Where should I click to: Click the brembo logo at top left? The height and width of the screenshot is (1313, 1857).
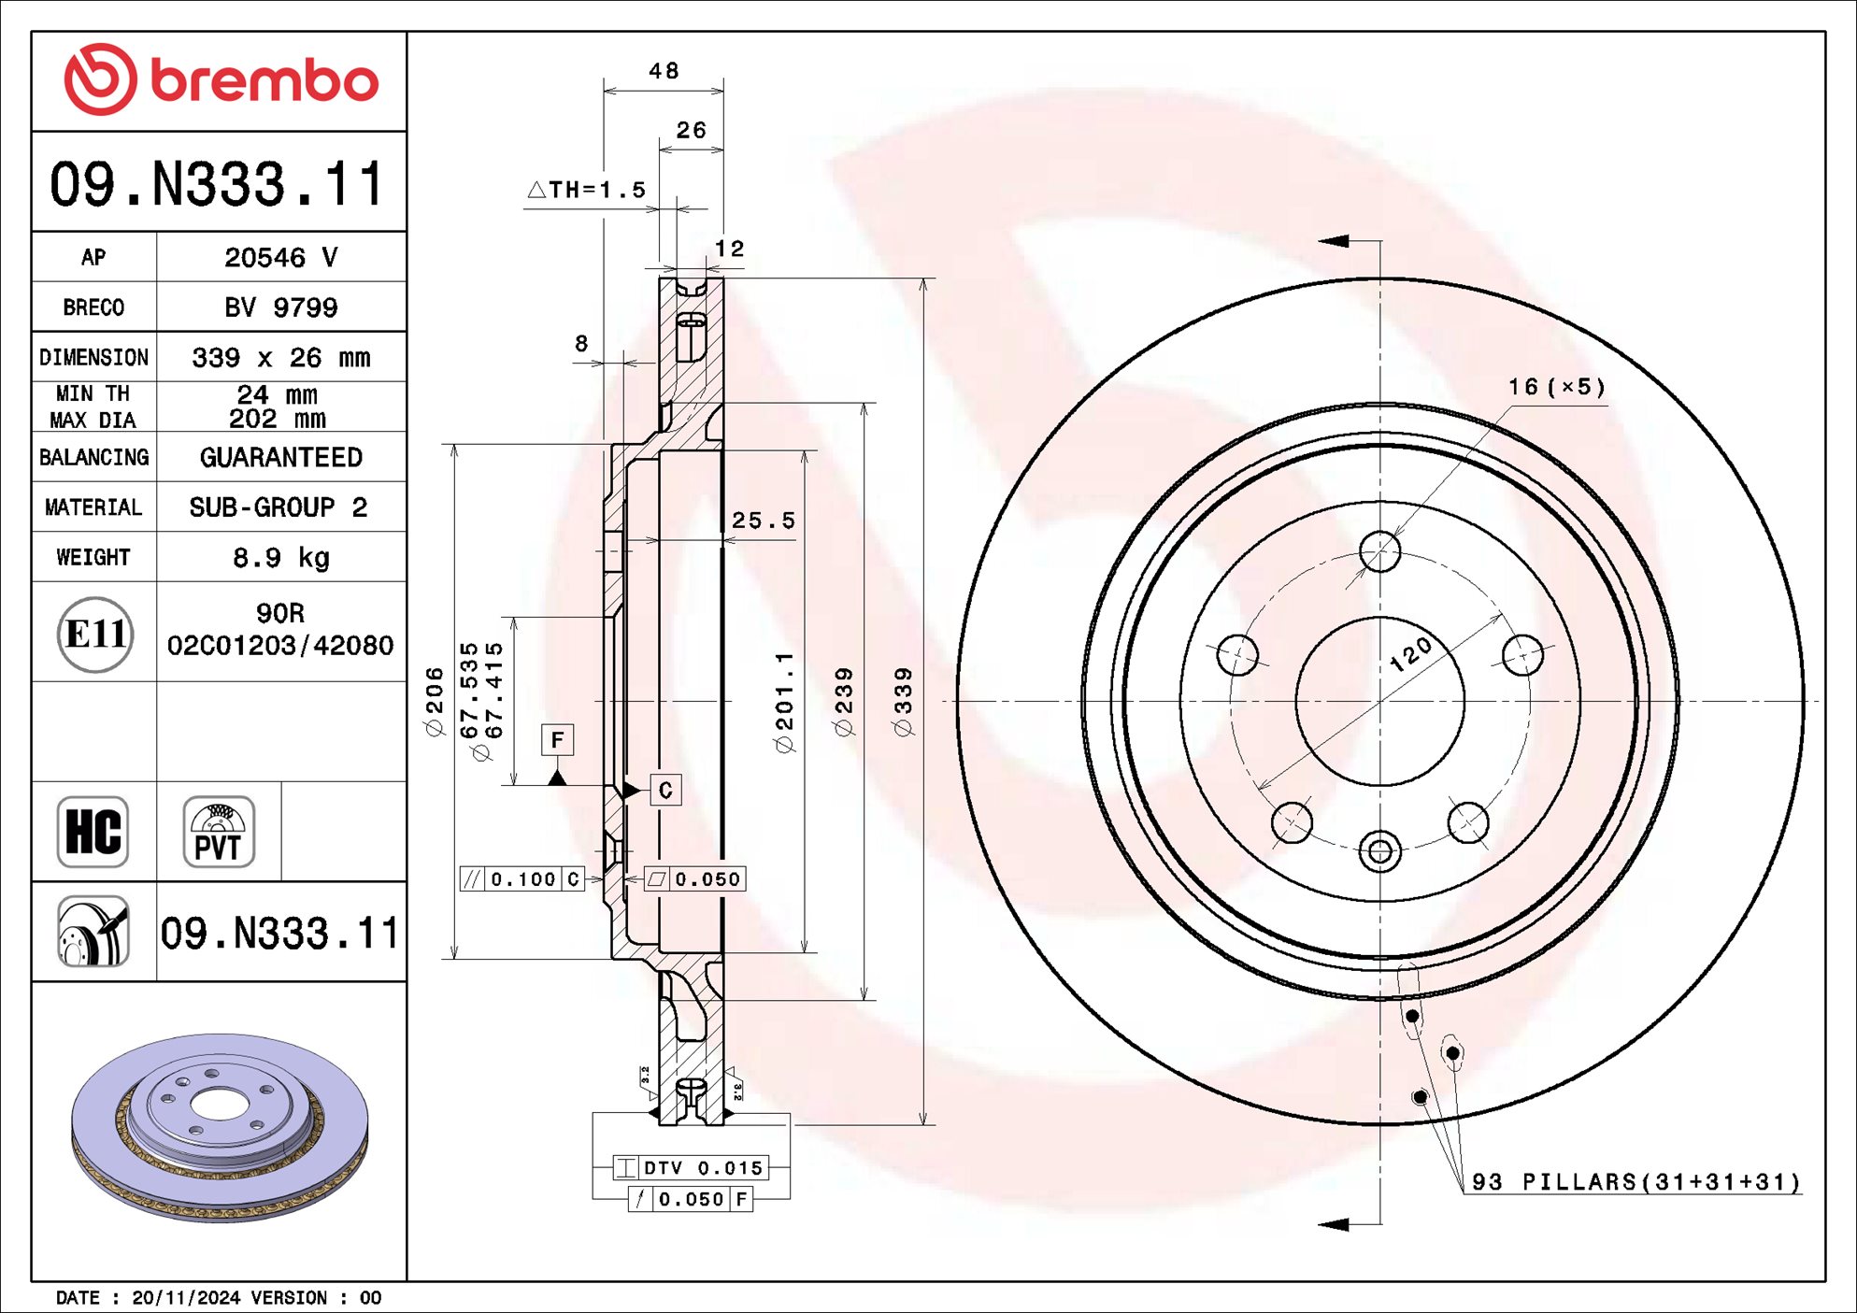pos(221,80)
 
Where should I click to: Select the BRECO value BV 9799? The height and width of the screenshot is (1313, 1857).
pos(280,307)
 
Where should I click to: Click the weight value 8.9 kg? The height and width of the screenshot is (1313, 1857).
pos(280,558)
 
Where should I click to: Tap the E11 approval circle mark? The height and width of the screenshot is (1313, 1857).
pos(94,635)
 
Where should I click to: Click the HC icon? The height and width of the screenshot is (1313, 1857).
pos(93,832)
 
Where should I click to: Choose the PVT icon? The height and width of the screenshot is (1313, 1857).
pos(219,832)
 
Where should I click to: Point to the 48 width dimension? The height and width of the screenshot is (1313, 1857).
pos(664,71)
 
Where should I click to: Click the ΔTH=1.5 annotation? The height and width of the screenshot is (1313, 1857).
pos(588,190)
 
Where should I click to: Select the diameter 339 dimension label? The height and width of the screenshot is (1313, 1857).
pos(904,702)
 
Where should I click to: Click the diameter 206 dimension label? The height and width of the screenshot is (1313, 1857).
pos(435,702)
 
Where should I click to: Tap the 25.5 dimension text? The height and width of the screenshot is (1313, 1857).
pos(763,521)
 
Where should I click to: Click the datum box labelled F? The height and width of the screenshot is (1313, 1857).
pos(557,740)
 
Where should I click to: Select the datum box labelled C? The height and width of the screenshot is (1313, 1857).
pos(665,790)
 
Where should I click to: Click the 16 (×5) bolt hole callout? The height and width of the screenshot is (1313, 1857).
pos(1556,387)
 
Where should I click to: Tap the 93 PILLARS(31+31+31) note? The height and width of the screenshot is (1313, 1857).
pos(1636,1182)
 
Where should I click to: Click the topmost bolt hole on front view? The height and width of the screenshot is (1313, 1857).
pos(1380,551)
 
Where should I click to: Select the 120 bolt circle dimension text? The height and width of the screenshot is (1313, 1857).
pos(1410,653)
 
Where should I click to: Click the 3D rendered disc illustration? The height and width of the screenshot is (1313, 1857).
pos(221,1126)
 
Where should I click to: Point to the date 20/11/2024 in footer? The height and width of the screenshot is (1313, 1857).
pos(186,1298)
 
